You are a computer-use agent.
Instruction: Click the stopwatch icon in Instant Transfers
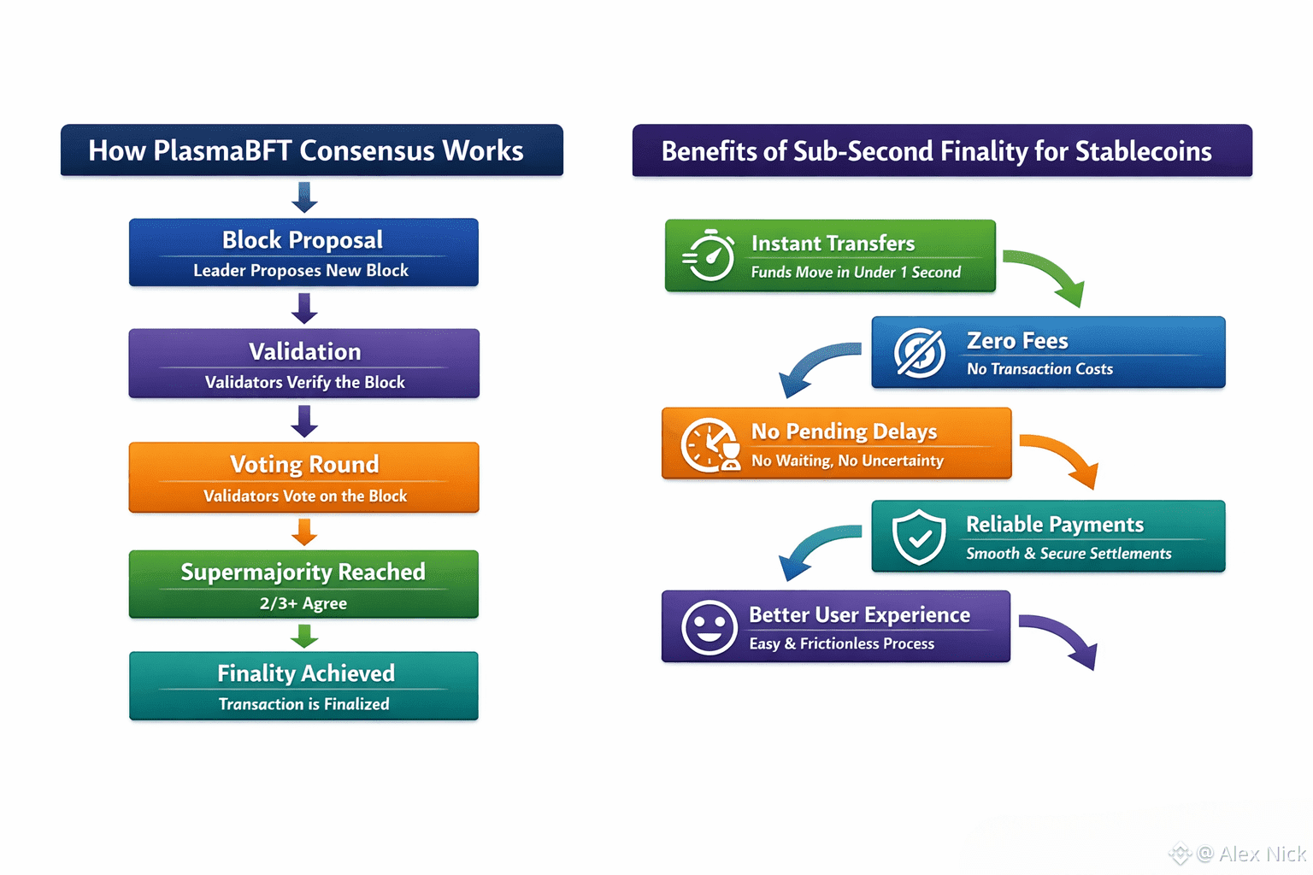pos(709,255)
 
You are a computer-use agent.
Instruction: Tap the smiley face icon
pos(709,626)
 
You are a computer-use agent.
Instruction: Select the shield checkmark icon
pos(919,537)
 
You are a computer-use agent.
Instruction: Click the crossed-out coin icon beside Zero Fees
pos(920,352)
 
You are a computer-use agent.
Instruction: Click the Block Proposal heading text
pos(303,240)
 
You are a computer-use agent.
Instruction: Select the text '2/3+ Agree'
pos(303,603)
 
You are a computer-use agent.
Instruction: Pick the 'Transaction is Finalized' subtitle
pos(303,704)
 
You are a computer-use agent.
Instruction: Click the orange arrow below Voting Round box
pos(304,532)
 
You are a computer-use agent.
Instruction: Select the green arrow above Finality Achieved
pos(304,636)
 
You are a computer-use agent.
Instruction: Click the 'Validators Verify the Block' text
pos(304,382)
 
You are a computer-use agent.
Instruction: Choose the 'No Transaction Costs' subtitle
pos(1039,369)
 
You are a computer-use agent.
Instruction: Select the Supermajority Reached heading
pos(303,572)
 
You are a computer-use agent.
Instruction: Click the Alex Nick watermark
pos(1251,854)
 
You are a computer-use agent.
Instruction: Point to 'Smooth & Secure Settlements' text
pos(1069,554)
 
